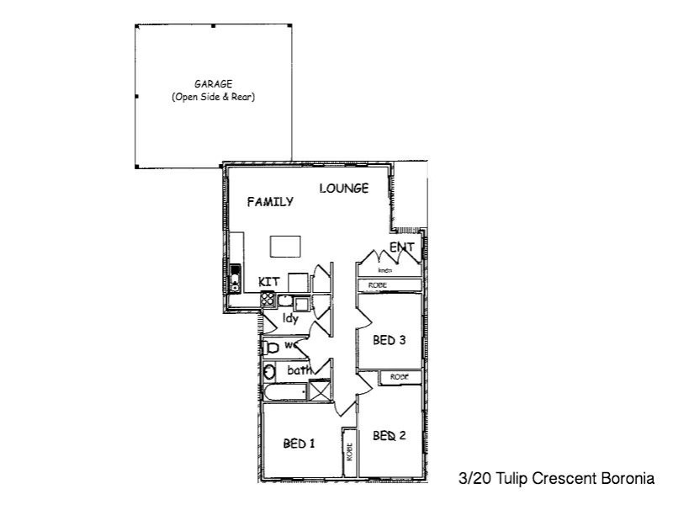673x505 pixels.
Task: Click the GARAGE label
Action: [x=213, y=84]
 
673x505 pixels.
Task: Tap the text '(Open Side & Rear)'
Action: [x=213, y=97]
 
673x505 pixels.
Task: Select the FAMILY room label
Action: [x=270, y=202]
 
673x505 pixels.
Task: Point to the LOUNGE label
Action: [x=343, y=189]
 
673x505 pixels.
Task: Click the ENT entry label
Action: [x=401, y=247]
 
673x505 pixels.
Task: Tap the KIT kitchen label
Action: [x=268, y=281]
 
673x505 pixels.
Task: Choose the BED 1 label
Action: [x=299, y=444]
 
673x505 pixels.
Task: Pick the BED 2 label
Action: [x=389, y=436]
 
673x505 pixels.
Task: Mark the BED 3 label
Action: [x=389, y=341]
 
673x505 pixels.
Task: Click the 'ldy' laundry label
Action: [x=290, y=318]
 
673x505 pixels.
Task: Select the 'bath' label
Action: [x=299, y=369]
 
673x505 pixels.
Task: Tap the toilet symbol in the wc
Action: [x=271, y=347]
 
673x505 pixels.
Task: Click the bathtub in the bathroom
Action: [x=281, y=393]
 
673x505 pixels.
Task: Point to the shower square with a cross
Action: [x=320, y=391]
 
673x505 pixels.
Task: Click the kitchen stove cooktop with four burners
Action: [x=267, y=299]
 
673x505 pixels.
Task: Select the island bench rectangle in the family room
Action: [x=285, y=246]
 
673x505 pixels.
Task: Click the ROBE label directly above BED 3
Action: [x=377, y=286]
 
